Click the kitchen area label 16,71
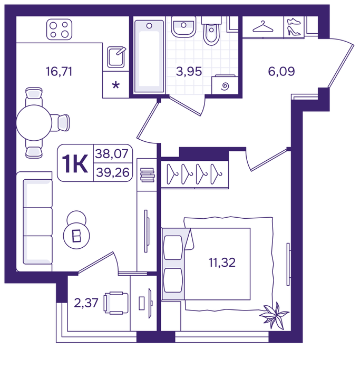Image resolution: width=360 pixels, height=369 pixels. coord(59,71)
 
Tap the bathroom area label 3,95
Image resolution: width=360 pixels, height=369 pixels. coord(189,71)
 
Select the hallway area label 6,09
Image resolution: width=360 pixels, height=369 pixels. coord(281,71)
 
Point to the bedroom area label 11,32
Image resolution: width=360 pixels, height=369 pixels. coord(222,263)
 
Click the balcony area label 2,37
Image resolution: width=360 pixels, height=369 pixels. coord(86,303)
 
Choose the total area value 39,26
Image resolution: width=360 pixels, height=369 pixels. coord(113,172)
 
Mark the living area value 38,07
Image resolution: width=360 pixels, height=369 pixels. coord(112,154)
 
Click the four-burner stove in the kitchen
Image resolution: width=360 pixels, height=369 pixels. coord(59,30)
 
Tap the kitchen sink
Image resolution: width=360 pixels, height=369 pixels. coord(116,57)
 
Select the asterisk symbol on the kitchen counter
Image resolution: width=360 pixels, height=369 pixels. coord(116,85)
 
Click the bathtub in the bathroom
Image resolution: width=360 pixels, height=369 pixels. coord(149,56)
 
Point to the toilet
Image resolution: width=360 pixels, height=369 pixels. coord(211,31)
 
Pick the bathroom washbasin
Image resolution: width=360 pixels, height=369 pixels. coord(183,27)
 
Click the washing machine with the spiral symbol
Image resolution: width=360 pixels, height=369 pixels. coord(225,85)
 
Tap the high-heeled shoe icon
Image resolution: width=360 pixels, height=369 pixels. coord(294,31)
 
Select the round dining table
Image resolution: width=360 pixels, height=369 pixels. coord(34,123)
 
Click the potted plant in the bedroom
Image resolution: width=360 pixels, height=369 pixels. coord(274,316)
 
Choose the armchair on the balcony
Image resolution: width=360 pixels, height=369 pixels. coord(116,303)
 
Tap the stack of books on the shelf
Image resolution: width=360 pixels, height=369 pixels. coord(147,175)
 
